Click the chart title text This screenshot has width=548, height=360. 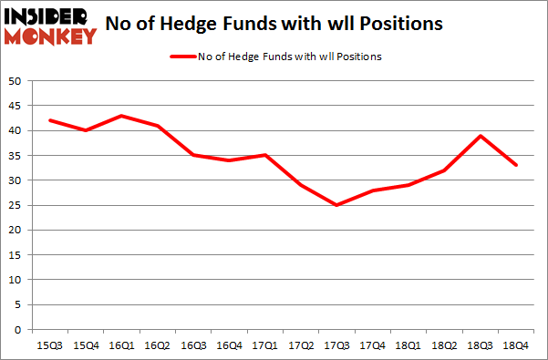[x=274, y=24]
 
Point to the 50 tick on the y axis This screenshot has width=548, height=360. [x=15, y=82]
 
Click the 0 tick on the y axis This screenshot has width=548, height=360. [x=17, y=329]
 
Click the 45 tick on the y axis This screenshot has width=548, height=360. [x=15, y=107]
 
